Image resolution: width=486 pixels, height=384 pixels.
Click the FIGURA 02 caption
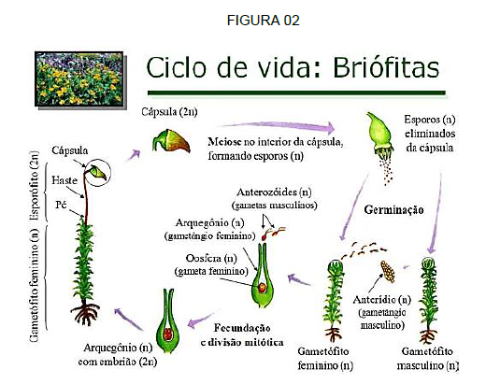pyautogui.click(x=264, y=21)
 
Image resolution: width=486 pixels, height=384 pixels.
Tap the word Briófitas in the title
pyautogui.click(x=386, y=67)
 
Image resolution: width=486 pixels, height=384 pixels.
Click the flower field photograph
pyautogui.click(x=79, y=79)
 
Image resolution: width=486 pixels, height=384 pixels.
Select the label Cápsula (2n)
pyautogui.click(x=169, y=111)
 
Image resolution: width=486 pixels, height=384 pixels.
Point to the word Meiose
pyautogui.click(x=224, y=142)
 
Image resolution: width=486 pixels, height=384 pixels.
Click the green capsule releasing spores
pyautogui.click(x=379, y=135)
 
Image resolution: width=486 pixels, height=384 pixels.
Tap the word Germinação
pyautogui.click(x=393, y=209)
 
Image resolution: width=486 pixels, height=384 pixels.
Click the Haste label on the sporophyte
pyautogui.click(x=64, y=180)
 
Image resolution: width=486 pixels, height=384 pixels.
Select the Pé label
pyautogui.click(x=61, y=205)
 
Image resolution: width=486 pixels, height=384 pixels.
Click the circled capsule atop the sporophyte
pyautogui.click(x=98, y=172)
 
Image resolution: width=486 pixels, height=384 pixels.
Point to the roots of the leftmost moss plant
pyautogui.click(x=85, y=312)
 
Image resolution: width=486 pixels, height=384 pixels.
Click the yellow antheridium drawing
pyautogui.click(x=388, y=271)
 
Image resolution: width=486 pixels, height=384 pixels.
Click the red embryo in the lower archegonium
pyautogui.click(x=168, y=334)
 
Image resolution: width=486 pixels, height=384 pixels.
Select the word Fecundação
pyautogui.click(x=242, y=328)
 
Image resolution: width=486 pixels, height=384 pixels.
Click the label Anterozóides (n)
pyautogui.click(x=274, y=192)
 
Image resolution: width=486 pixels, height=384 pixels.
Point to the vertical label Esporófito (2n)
pyautogui.click(x=35, y=186)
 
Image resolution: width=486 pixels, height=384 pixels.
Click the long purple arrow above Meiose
pyautogui.click(x=277, y=126)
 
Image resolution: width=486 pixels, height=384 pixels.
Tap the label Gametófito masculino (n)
pyautogui.click(x=427, y=358)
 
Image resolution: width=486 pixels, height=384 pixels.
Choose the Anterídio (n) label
pyautogui.click(x=382, y=300)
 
